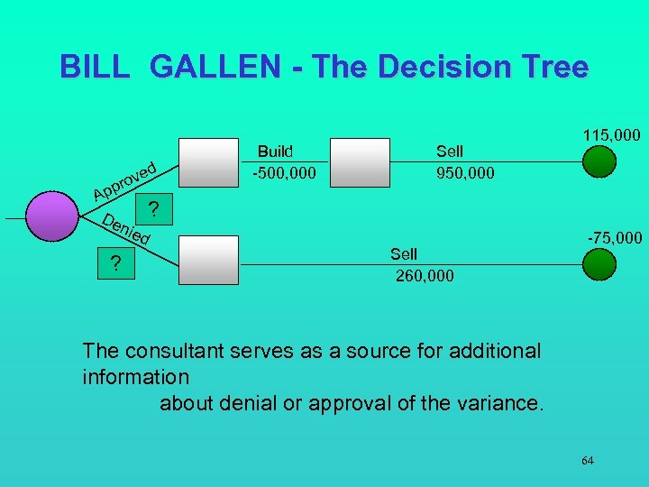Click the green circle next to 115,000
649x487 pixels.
599,162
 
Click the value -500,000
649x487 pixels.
284,172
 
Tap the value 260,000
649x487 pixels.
425,275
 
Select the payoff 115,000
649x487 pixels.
611,135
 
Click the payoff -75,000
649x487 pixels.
615,238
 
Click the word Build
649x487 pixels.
275,151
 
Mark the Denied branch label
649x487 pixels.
125,230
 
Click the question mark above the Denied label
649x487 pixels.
154,210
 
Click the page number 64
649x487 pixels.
587,461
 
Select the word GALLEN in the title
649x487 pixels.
232,67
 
